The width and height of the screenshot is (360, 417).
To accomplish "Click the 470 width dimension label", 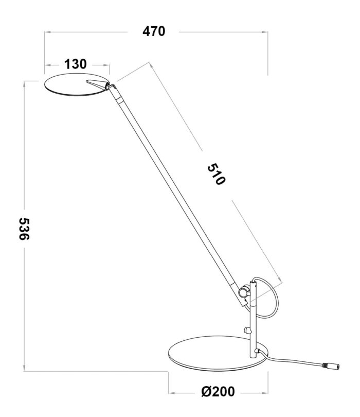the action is [x=154, y=31].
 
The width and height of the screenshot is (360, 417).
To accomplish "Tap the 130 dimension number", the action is [x=76, y=64].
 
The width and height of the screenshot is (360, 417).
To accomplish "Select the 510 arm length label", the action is [x=217, y=175].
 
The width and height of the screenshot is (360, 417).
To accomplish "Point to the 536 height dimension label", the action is [x=24, y=229].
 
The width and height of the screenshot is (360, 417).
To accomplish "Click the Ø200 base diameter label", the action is [x=218, y=391].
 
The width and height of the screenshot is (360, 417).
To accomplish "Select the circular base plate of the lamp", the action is [x=219, y=354].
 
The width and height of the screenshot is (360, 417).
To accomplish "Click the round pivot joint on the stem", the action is [x=243, y=292].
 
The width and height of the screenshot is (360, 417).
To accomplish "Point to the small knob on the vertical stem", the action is [x=247, y=331].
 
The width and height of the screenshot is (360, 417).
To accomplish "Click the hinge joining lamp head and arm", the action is [x=111, y=86].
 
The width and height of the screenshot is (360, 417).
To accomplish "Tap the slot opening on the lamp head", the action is [x=96, y=82].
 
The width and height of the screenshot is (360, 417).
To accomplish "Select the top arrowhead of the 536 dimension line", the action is [x=24, y=83].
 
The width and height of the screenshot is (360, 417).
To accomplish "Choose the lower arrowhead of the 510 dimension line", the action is [x=279, y=281].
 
